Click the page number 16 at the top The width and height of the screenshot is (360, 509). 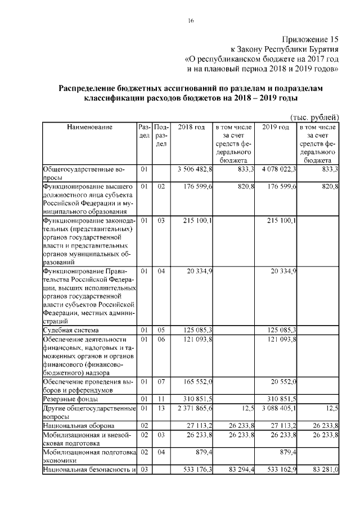click(x=191, y=21)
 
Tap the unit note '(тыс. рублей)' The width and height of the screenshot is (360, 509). click(x=314, y=118)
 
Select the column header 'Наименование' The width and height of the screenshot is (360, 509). click(x=89, y=127)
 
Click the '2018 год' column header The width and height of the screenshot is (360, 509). click(x=191, y=127)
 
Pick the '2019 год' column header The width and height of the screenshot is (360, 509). click(x=276, y=127)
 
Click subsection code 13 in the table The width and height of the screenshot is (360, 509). click(x=161, y=407)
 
